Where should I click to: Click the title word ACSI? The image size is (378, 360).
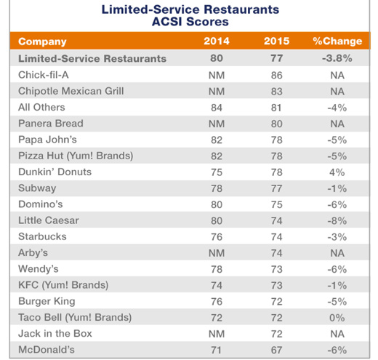(x=166, y=22)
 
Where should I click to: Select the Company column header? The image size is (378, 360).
(x=42, y=41)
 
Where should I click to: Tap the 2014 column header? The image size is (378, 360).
(x=217, y=41)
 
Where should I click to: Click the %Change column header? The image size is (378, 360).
(x=337, y=41)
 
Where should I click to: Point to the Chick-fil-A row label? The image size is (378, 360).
(x=44, y=75)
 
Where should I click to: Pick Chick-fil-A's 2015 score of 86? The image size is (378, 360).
(x=276, y=76)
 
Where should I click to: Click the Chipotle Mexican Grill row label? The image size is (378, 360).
(x=71, y=91)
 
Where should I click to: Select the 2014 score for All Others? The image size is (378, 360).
(x=217, y=108)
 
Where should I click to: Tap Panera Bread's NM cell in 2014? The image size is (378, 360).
(x=217, y=124)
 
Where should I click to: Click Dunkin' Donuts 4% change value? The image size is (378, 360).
(x=337, y=172)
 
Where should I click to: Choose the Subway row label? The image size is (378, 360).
(x=37, y=188)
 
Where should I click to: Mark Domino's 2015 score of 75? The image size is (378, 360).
(x=276, y=204)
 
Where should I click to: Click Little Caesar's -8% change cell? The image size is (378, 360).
(x=337, y=221)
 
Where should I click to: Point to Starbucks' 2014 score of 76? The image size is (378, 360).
(x=217, y=237)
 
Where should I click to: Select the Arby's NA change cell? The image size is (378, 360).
(x=337, y=253)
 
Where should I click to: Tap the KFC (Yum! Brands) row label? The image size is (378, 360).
(x=63, y=285)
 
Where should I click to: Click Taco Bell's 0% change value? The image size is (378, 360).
(x=337, y=318)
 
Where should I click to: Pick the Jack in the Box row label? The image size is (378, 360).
(x=55, y=334)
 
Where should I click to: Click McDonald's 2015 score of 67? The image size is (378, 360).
(x=276, y=350)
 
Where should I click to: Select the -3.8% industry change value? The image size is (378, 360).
(x=337, y=58)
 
